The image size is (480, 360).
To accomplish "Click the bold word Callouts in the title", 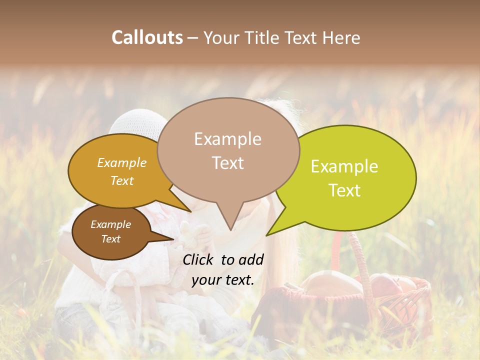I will [147, 37].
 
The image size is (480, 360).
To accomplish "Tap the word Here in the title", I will [342, 37].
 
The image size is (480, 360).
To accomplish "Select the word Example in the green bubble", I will [344, 166].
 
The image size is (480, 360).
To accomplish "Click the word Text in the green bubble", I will [344, 190].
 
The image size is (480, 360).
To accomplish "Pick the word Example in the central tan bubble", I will [227, 139].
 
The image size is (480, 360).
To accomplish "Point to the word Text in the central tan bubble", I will [227, 162].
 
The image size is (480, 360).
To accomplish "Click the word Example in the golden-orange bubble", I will [122, 162].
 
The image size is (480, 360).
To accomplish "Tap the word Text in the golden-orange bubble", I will [122, 180].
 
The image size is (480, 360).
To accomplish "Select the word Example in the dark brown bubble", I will [110, 224].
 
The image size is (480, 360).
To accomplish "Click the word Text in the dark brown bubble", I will [110, 238].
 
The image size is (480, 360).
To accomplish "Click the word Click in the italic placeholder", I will [198, 259].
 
